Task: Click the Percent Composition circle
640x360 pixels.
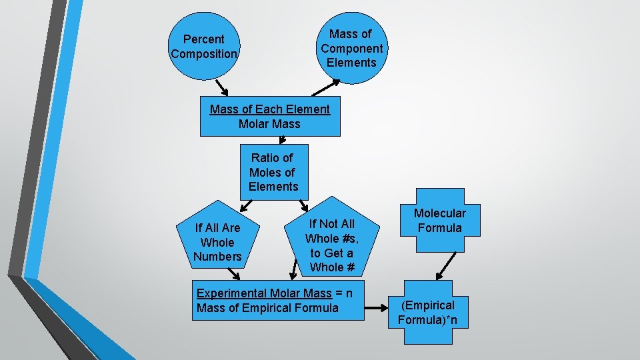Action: (204, 47)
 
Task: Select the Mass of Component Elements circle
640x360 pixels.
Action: (351, 48)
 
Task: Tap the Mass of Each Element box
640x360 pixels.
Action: (270, 117)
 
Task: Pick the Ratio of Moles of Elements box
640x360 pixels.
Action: (273, 172)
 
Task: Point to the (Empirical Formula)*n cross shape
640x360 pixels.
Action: (433, 313)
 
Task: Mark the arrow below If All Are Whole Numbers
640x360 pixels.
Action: (233, 274)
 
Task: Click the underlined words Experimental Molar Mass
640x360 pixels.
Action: (264, 293)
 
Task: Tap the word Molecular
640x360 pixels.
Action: (439, 213)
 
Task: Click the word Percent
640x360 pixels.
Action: (204, 39)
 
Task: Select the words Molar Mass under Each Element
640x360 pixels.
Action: (269, 124)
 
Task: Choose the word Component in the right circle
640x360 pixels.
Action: (351, 48)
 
